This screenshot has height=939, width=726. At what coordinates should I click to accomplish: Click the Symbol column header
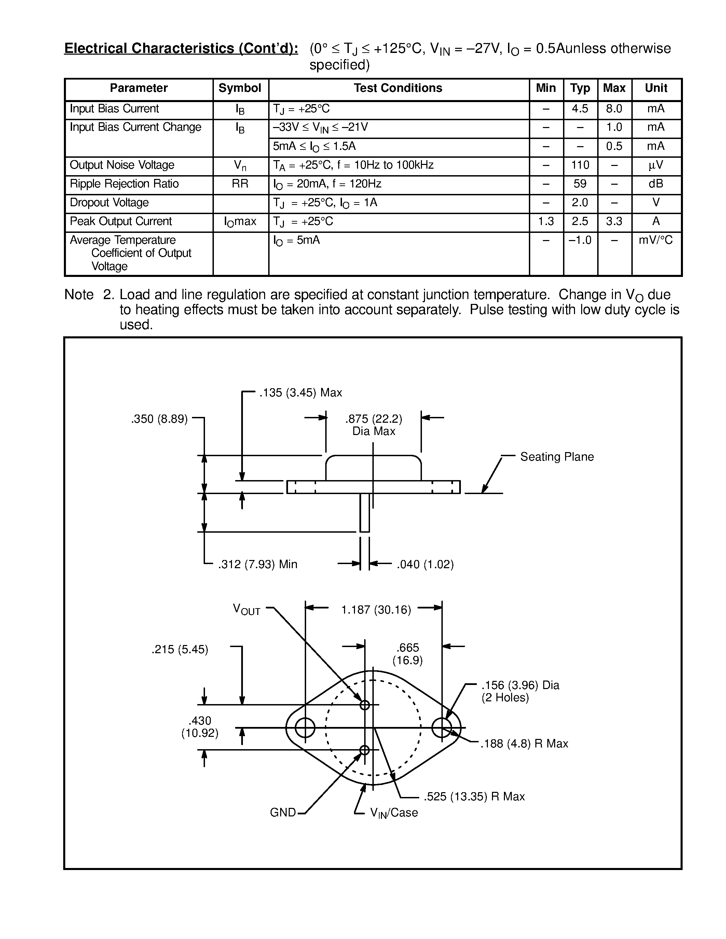tap(239, 88)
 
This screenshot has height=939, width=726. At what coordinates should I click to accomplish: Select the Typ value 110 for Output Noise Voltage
tap(580, 165)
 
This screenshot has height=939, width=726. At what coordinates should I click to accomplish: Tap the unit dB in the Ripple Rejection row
tap(656, 184)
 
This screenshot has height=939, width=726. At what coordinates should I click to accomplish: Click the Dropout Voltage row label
tap(109, 202)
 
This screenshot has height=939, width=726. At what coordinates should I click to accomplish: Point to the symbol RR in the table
tap(239, 184)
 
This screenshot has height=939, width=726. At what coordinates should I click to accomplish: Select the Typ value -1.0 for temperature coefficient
tap(580, 240)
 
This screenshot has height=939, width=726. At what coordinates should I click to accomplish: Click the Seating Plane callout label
tap(557, 457)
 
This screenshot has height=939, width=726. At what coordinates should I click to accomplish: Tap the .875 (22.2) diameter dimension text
tap(373, 419)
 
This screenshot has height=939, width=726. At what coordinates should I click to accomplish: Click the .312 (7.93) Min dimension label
tap(257, 564)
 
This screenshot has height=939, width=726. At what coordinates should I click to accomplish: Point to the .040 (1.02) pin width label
tap(425, 564)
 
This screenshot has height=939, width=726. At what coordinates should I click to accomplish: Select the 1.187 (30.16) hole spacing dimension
tap(376, 609)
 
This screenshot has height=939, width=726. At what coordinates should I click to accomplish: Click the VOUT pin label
tap(246, 609)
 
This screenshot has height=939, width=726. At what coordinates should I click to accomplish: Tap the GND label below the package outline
tap(283, 812)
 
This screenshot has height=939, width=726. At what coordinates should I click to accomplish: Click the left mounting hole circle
tap(305, 728)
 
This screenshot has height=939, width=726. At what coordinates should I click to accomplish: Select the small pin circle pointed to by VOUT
tap(365, 705)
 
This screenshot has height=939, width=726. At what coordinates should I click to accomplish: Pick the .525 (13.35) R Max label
tap(474, 797)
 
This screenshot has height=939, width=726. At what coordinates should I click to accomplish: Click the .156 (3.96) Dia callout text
tap(520, 685)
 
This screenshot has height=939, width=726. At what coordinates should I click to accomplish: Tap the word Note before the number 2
tap(79, 295)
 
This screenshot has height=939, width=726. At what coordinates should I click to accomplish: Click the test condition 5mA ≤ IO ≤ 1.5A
tap(314, 146)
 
